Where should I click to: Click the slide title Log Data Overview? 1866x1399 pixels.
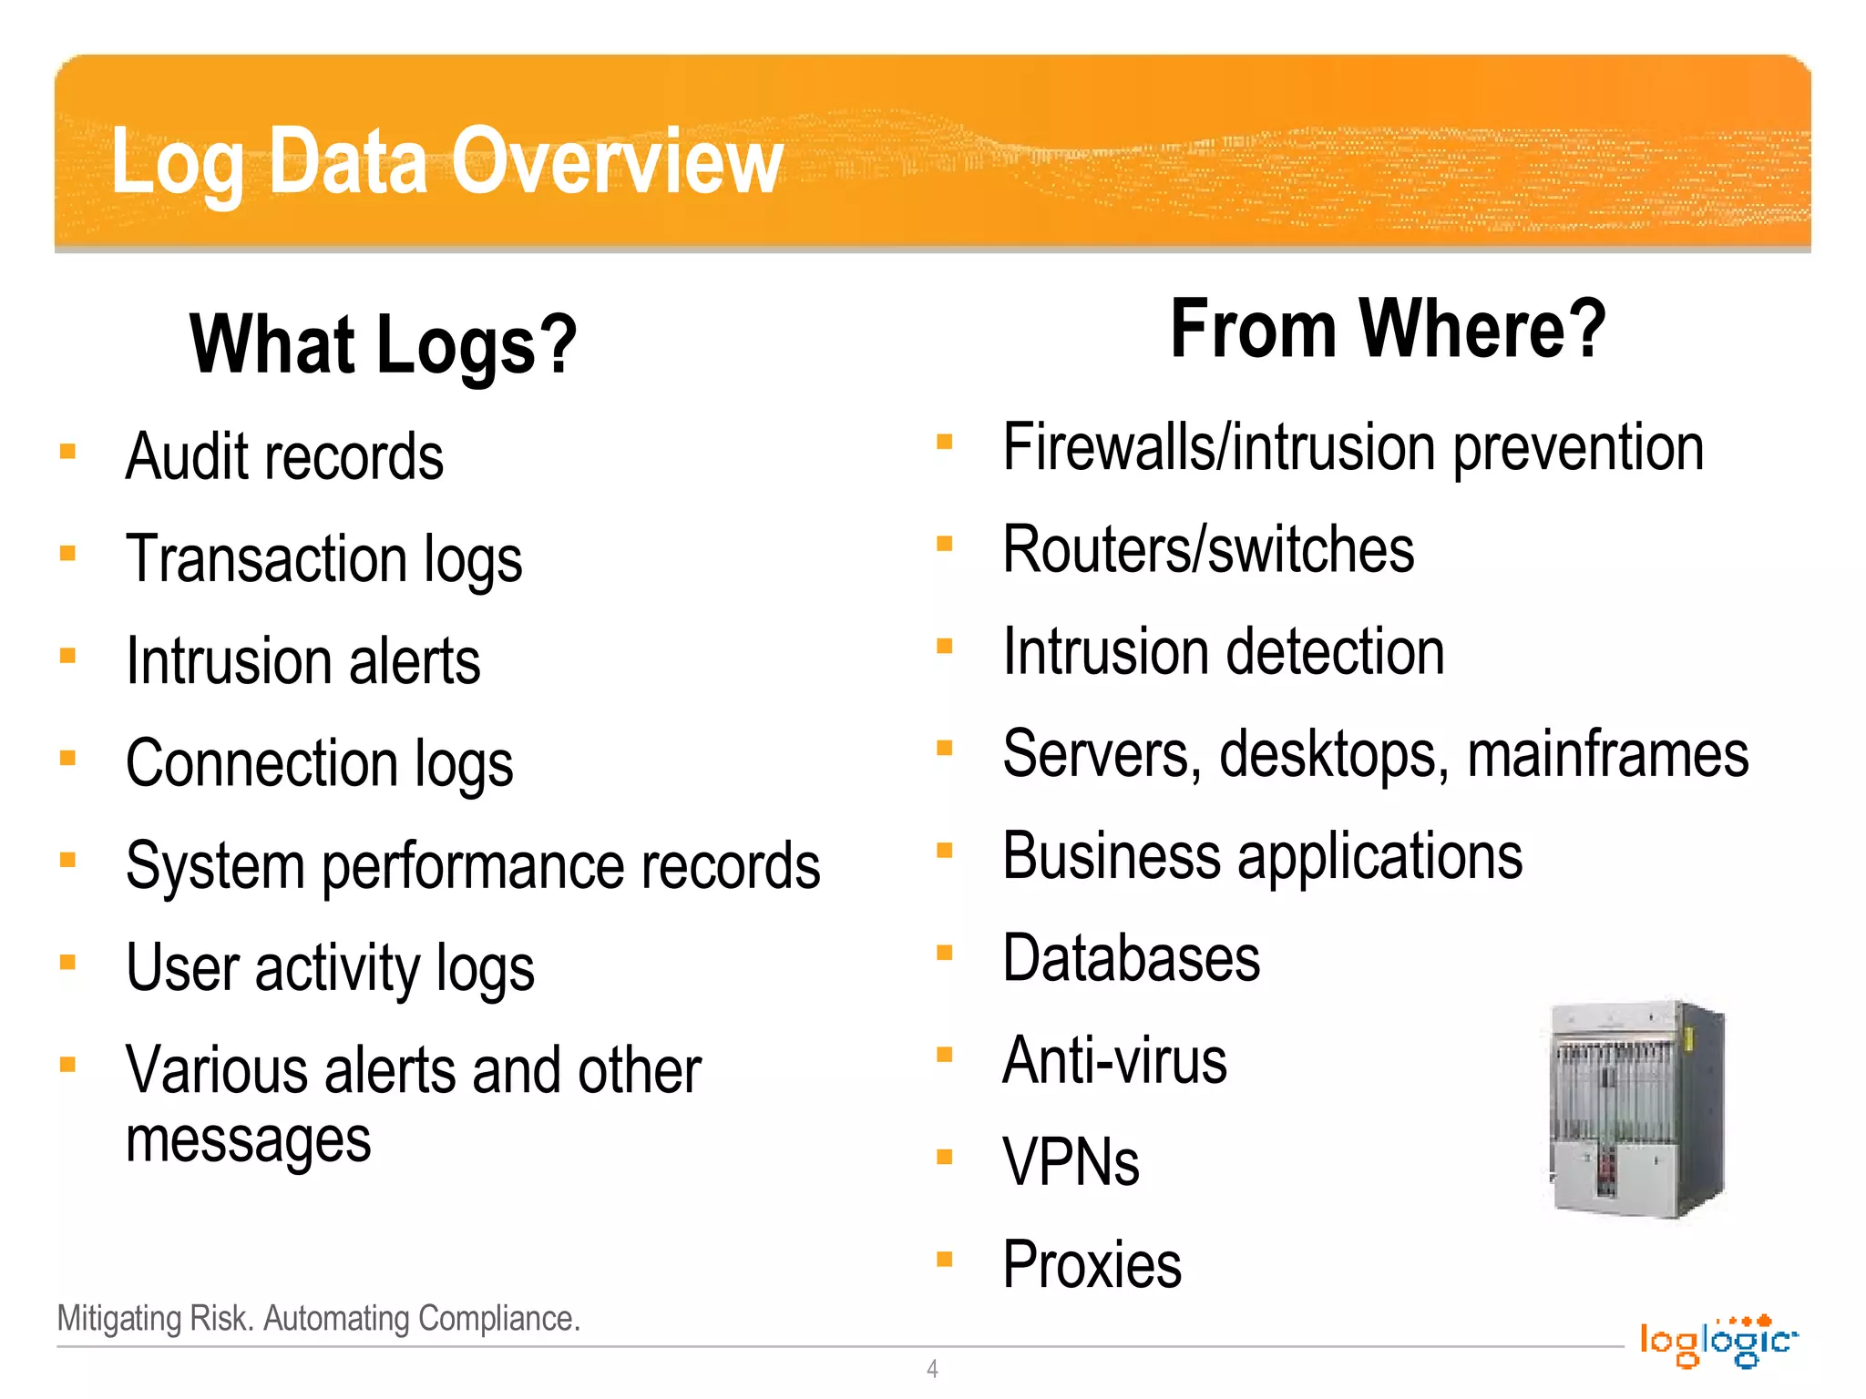click(446, 162)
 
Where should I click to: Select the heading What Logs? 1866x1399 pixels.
click(383, 344)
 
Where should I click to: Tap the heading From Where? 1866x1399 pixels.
click(1388, 329)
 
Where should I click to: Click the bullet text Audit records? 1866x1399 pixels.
click(284, 456)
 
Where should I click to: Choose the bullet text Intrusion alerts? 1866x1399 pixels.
click(302, 661)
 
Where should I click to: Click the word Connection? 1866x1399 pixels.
click(261, 763)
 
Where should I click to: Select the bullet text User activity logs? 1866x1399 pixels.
click(330, 968)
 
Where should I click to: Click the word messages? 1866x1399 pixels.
click(248, 1140)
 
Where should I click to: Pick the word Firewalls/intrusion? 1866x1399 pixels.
click(1220, 448)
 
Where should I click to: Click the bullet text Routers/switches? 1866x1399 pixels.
click(1208, 550)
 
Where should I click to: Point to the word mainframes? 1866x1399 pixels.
click(1608, 754)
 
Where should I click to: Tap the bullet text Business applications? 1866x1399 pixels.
click(1262, 857)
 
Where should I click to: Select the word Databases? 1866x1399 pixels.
click(1131, 959)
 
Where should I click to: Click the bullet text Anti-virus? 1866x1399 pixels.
click(1114, 1061)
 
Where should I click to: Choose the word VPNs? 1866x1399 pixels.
click(1071, 1163)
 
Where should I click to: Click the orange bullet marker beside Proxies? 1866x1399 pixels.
click(945, 1261)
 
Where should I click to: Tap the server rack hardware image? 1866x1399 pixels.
click(1636, 1109)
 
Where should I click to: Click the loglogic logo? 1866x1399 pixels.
click(1718, 1341)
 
